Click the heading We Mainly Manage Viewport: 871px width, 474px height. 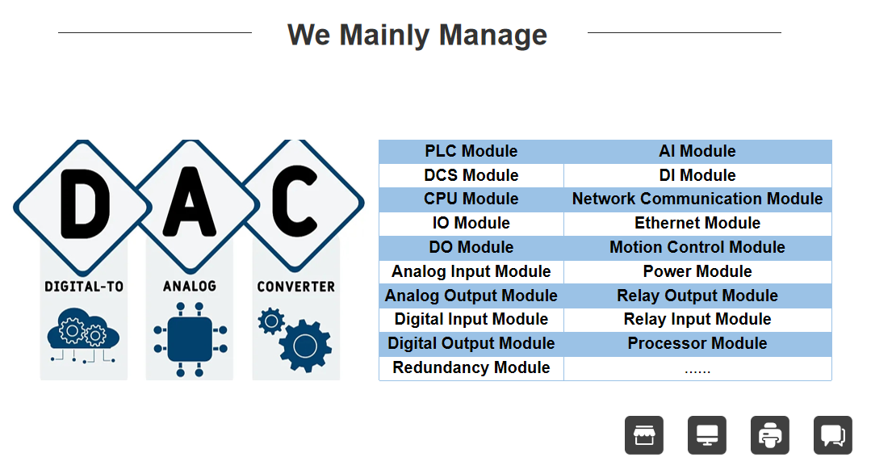coord(417,35)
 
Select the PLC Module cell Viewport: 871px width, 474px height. coord(471,151)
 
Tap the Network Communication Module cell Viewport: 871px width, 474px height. coord(697,199)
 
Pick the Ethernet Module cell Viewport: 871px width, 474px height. coord(697,223)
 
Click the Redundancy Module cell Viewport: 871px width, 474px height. coord(471,367)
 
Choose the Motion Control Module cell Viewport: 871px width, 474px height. coord(697,247)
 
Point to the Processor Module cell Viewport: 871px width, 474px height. coord(697,343)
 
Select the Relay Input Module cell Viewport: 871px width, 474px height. coord(697,319)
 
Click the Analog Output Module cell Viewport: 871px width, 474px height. coord(471,296)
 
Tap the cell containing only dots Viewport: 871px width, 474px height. coord(697,368)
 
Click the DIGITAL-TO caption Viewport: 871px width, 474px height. coord(84,286)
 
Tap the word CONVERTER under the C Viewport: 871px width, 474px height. coord(296,286)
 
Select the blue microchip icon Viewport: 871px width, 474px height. coord(191,339)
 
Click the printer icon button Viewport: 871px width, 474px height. coord(770,435)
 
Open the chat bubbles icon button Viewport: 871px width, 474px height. coord(833,435)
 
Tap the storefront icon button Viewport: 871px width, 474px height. coord(644,435)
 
